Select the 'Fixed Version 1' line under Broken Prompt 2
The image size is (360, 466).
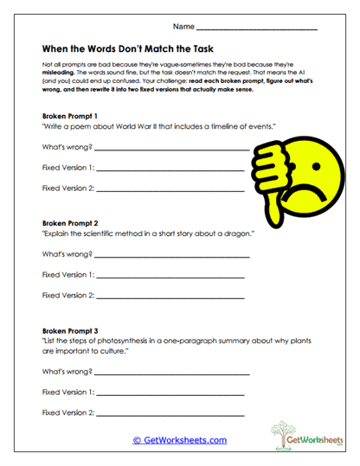170,277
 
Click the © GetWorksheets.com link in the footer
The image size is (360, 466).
179,440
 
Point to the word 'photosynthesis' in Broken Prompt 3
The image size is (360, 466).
123,342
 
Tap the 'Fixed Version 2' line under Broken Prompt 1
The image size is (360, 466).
170,188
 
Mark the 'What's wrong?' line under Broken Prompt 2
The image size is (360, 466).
173,256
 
